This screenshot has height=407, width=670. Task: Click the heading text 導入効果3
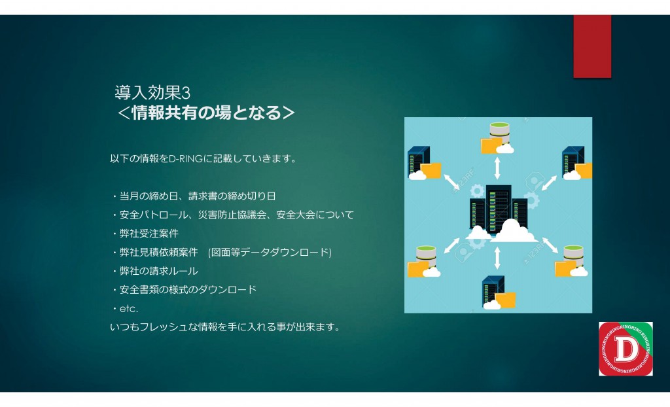coord(152,92)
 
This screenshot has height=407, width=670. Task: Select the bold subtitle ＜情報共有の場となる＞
coord(206,113)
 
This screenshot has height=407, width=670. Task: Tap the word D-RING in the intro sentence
coord(186,158)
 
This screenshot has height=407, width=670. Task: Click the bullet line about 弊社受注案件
coord(145,234)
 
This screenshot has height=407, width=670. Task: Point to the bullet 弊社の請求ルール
coord(154,271)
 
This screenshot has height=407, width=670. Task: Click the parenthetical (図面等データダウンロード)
coord(270,252)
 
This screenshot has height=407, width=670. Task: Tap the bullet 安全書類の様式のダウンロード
coord(184,289)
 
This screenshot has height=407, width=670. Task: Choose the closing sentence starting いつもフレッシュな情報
coord(225,327)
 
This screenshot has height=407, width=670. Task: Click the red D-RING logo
coord(626,349)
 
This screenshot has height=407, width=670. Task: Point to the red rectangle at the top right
coord(592,46)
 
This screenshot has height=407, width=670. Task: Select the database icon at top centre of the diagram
coord(498,137)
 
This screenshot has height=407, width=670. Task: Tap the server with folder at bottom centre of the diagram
coord(498,292)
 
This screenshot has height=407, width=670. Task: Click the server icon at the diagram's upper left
coord(424,163)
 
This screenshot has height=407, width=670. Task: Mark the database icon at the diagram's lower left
coord(424,261)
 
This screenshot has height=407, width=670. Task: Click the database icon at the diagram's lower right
coord(571,260)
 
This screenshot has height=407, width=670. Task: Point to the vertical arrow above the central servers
coord(497,168)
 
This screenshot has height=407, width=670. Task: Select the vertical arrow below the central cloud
coord(497,258)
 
